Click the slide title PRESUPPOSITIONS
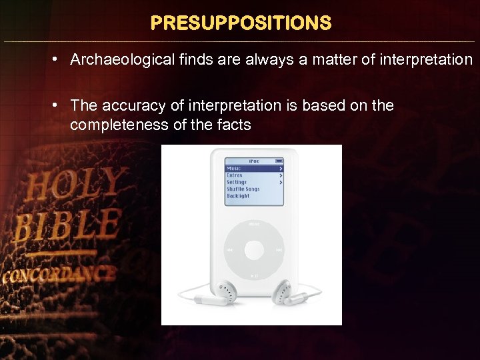pos(241,23)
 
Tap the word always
pos(265,60)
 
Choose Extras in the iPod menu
pos(235,175)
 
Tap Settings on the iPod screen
pos(237,182)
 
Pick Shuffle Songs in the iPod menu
pos(243,189)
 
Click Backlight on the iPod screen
pos(238,196)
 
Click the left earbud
pos(226,291)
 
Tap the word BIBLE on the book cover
pos(67,225)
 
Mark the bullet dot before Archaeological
pos(58,60)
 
